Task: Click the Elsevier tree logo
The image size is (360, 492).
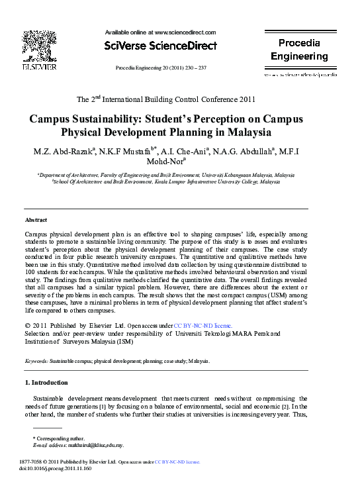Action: point(40,46)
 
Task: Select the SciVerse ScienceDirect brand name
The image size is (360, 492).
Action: point(160,46)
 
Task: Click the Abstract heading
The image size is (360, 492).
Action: point(36,219)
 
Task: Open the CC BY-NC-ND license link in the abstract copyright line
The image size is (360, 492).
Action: point(202,326)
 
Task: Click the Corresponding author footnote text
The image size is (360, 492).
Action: point(60,438)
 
